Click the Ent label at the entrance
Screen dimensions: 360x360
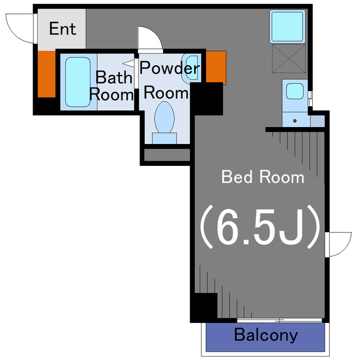tap(62, 29)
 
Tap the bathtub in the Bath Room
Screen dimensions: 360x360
tap(78, 82)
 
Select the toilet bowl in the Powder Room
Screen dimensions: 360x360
tap(164, 118)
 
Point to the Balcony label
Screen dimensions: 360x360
tap(266, 335)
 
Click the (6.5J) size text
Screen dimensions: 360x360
tap(260, 227)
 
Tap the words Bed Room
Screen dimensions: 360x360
tap(263, 177)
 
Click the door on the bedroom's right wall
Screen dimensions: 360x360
tap(338, 244)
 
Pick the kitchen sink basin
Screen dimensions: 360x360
tap(295, 91)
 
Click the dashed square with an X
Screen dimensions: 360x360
tap(289, 58)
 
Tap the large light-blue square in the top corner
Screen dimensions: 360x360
tap(287, 26)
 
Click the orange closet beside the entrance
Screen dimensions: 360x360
tap(47, 74)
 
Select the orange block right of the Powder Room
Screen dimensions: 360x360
tap(216, 66)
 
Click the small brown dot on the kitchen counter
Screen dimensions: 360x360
tap(295, 120)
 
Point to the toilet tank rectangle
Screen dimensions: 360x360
tap(164, 138)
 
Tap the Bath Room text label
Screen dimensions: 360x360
tap(111, 86)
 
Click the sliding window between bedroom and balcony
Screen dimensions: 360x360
tap(280, 320)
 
